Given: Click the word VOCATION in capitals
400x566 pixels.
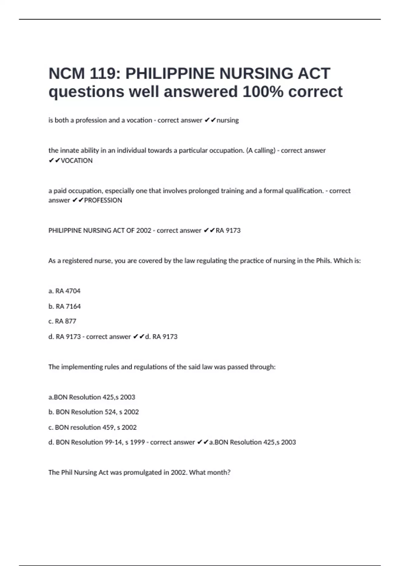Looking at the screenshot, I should click(x=77, y=160).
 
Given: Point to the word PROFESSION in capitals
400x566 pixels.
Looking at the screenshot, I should click(x=103, y=200).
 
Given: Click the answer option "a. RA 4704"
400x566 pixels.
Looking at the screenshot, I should click(x=64, y=291).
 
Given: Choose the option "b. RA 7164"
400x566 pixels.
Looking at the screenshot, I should click(x=64, y=306).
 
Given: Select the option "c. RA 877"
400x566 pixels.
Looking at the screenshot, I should click(x=62, y=321).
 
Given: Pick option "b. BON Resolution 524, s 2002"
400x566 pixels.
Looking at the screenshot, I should click(x=94, y=412).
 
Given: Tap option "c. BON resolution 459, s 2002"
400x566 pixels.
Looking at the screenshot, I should click(x=93, y=427).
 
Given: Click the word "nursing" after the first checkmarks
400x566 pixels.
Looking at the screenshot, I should click(x=228, y=120).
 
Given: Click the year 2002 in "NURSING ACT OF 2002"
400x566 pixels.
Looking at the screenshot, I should click(x=144, y=230).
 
